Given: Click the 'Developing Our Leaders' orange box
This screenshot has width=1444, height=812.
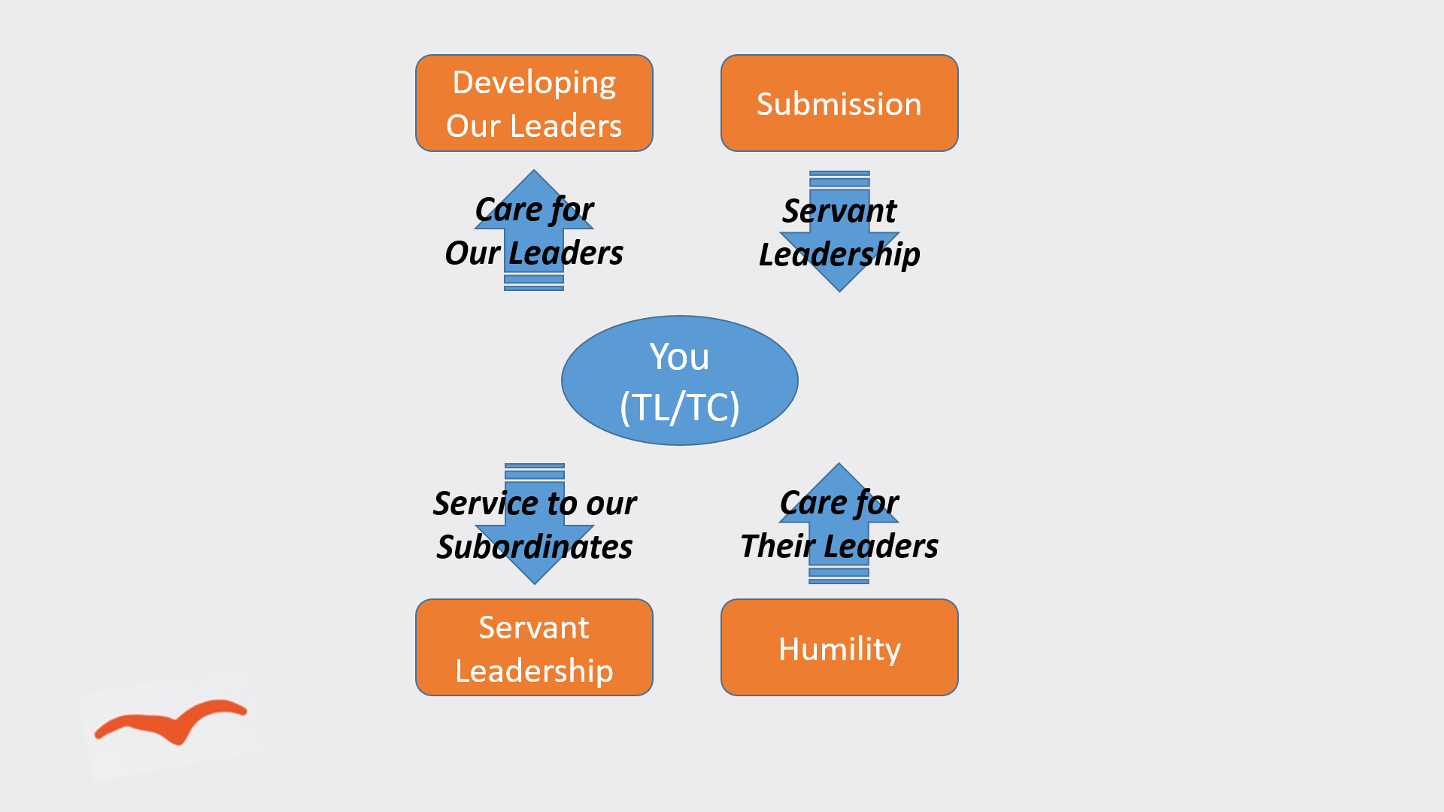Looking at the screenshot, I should [x=534, y=103].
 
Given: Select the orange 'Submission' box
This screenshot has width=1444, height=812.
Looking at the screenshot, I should [x=839, y=103].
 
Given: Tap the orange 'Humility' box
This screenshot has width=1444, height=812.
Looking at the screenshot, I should [x=839, y=647].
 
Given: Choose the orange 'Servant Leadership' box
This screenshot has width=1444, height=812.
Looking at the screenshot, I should [x=534, y=647].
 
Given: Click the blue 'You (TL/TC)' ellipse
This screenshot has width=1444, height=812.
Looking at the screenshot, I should [x=679, y=380].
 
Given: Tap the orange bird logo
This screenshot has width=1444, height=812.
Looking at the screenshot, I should [x=171, y=720].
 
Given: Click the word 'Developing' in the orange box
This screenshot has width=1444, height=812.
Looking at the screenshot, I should [x=534, y=83].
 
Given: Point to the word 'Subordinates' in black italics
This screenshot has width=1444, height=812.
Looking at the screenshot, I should [x=534, y=547].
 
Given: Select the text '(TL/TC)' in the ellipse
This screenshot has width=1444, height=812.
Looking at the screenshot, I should [x=679, y=408].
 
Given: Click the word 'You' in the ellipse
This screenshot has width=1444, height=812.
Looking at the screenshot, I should [x=679, y=356].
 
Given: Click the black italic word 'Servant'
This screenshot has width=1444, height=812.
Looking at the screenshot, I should [x=839, y=211].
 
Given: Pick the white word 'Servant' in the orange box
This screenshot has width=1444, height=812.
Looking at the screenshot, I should [x=534, y=627].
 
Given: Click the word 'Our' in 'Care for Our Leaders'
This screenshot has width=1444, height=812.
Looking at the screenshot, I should [x=472, y=253].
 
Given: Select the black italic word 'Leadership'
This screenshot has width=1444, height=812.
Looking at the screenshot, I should [x=839, y=255].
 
